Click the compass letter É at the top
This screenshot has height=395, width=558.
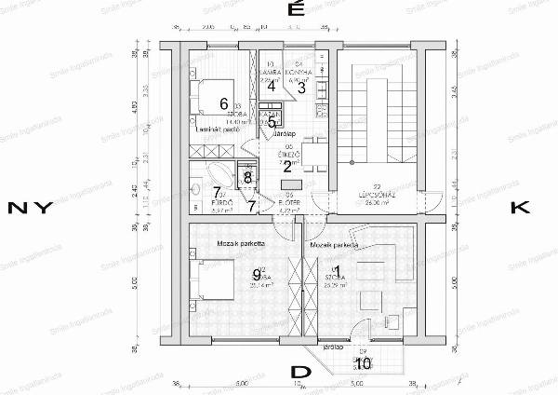point(297,10)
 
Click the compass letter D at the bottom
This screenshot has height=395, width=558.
point(297,372)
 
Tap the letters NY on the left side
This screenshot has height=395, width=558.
point(28,208)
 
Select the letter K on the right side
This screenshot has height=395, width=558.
point(519,208)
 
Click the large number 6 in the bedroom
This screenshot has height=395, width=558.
point(223,103)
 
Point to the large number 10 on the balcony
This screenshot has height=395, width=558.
point(363,363)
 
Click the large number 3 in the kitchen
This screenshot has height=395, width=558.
point(301,87)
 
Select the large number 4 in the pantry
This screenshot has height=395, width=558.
point(272,87)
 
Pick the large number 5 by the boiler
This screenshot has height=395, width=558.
point(272,121)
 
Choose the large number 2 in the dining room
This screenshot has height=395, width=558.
point(287,166)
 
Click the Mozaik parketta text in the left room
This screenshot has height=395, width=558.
point(241,244)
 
